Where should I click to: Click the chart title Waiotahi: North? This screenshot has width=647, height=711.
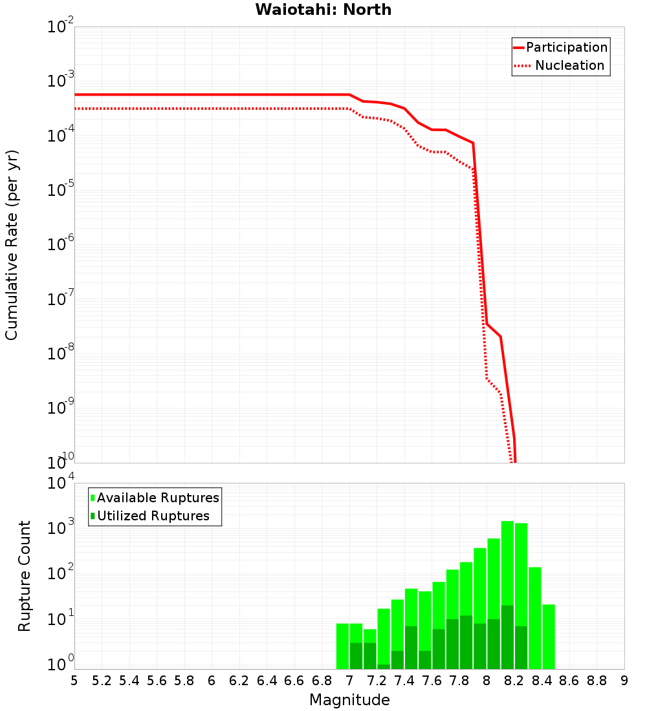pos(323,10)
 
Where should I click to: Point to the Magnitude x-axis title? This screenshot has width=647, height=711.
pos(349,699)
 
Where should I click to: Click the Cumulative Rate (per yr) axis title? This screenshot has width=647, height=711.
pos(12,244)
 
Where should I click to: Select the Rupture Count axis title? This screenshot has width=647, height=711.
pos(25,575)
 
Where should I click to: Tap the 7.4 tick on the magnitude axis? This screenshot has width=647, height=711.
pos(404,680)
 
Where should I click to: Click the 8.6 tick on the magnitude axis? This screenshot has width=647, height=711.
pos(569,680)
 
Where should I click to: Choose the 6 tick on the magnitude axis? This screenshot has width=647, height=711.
pos(212,680)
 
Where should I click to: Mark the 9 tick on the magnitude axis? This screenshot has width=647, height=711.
pos(624,680)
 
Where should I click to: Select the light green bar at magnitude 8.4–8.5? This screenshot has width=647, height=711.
pos(549,637)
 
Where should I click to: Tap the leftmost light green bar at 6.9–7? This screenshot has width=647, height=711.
pos(342,646)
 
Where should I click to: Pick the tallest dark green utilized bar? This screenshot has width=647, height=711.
pos(507,637)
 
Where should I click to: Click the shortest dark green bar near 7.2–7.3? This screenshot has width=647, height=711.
pos(384,666)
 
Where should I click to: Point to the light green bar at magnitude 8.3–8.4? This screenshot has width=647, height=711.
pos(535,617)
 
